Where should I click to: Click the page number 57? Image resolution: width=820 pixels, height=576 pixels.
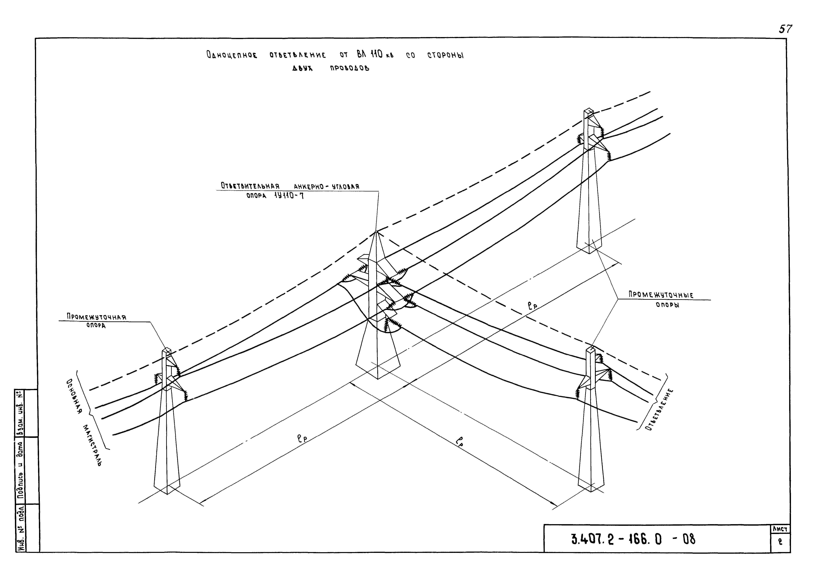click(785, 29)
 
